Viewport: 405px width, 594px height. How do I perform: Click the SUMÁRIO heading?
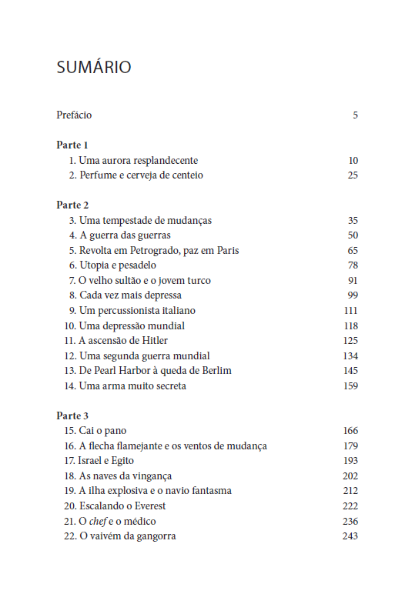click(94, 68)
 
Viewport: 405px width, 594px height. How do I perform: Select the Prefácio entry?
click(74, 115)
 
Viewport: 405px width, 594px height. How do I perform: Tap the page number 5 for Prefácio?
click(356, 115)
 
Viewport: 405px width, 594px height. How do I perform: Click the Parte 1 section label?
click(72, 145)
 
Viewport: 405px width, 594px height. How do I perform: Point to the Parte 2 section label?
click(72, 205)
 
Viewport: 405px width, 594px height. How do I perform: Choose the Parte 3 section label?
click(72, 416)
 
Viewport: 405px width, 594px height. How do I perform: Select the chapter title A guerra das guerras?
click(125, 235)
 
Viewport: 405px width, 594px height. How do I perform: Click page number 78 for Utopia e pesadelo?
click(353, 265)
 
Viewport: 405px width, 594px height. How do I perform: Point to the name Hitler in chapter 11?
click(153, 341)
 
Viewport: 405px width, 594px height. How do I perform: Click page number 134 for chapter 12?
click(350, 355)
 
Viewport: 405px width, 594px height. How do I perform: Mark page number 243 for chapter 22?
click(350, 536)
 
